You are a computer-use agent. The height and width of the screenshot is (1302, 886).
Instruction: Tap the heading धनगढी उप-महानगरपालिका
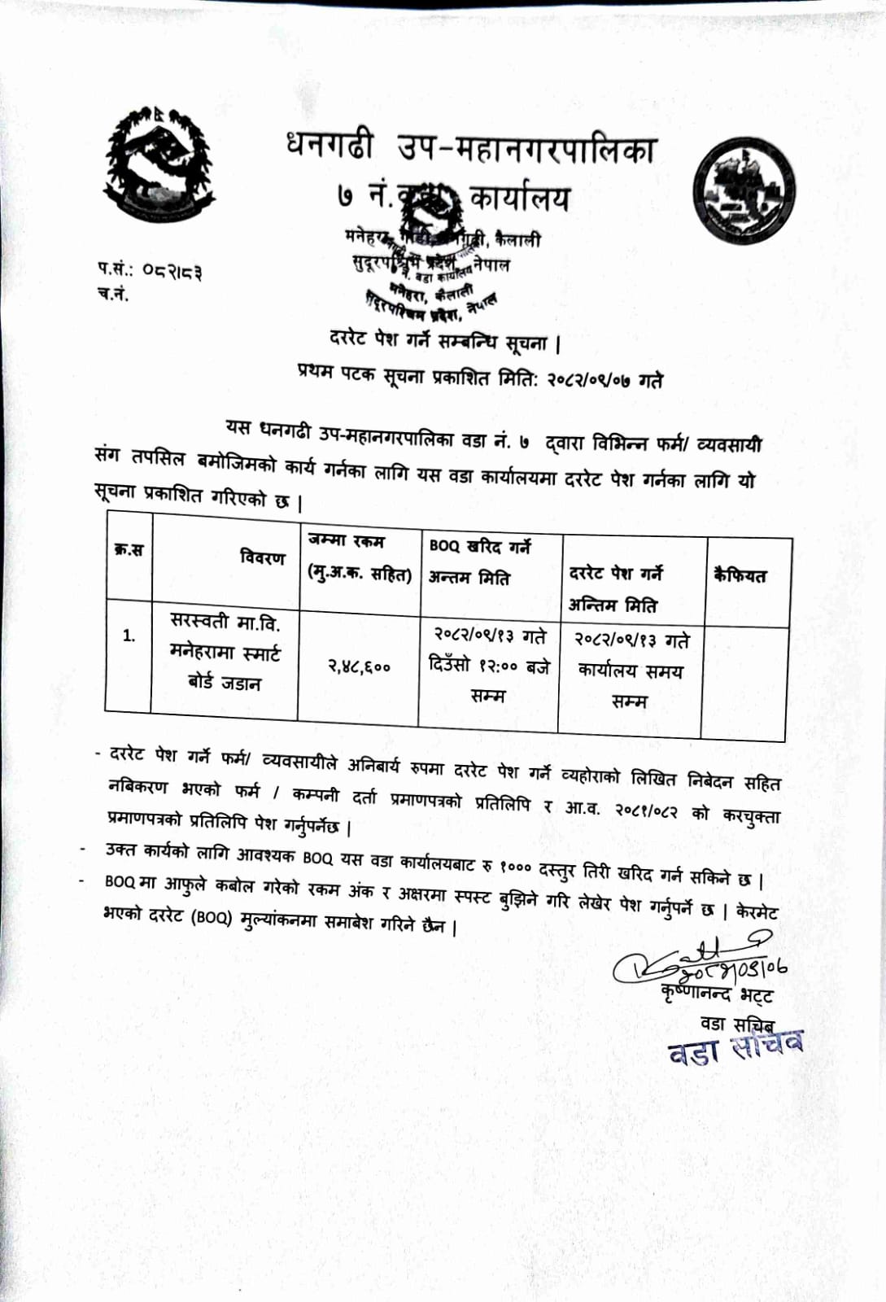[x=470, y=149]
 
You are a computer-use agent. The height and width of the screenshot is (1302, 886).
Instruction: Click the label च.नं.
[x=113, y=294]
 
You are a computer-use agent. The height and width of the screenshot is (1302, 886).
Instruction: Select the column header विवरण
[x=263, y=557]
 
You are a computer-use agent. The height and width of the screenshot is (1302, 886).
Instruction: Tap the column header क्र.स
[x=129, y=549]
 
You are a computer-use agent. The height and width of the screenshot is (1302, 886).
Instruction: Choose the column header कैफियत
[x=740, y=575]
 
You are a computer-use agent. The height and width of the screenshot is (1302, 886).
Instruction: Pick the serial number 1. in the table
[x=129, y=636]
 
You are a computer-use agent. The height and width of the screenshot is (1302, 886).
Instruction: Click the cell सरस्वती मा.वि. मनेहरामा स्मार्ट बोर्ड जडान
[x=225, y=653]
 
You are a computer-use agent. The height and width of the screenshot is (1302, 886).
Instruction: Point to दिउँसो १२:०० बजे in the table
[x=489, y=666]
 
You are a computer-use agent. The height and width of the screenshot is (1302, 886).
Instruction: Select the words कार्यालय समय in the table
[x=630, y=671]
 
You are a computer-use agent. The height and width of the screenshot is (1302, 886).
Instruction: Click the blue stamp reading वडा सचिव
[x=735, y=1048]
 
